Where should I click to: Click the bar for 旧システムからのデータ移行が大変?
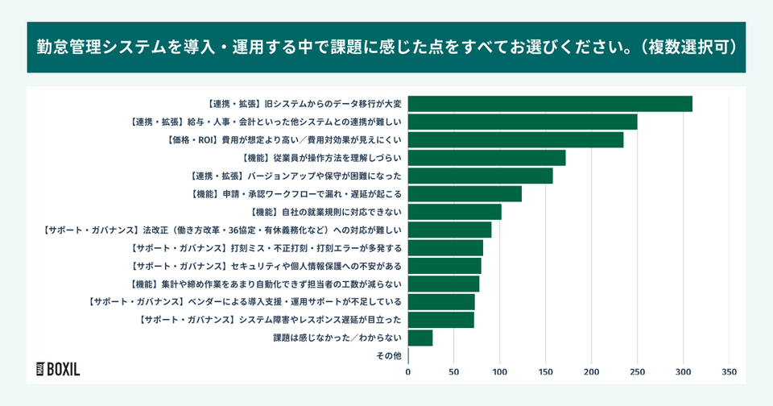click(x=550, y=104)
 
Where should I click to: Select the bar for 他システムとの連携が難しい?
click(x=523, y=122)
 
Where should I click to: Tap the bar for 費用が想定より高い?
click(x=515, y=139)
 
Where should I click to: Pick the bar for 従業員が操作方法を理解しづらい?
click(x=486, y=158)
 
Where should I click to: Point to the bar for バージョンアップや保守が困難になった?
click(x=480, y=176)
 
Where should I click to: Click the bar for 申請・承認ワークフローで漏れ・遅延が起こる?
click(x=465, y=193)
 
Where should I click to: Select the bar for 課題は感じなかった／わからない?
click(x=420, y=338)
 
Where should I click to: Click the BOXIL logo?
click(x=59, y=369)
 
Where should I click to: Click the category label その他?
click(x=389, y=355)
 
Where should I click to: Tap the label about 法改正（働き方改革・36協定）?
click(x=221, y=230)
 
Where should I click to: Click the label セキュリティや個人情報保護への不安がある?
click(x=266, y=265)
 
